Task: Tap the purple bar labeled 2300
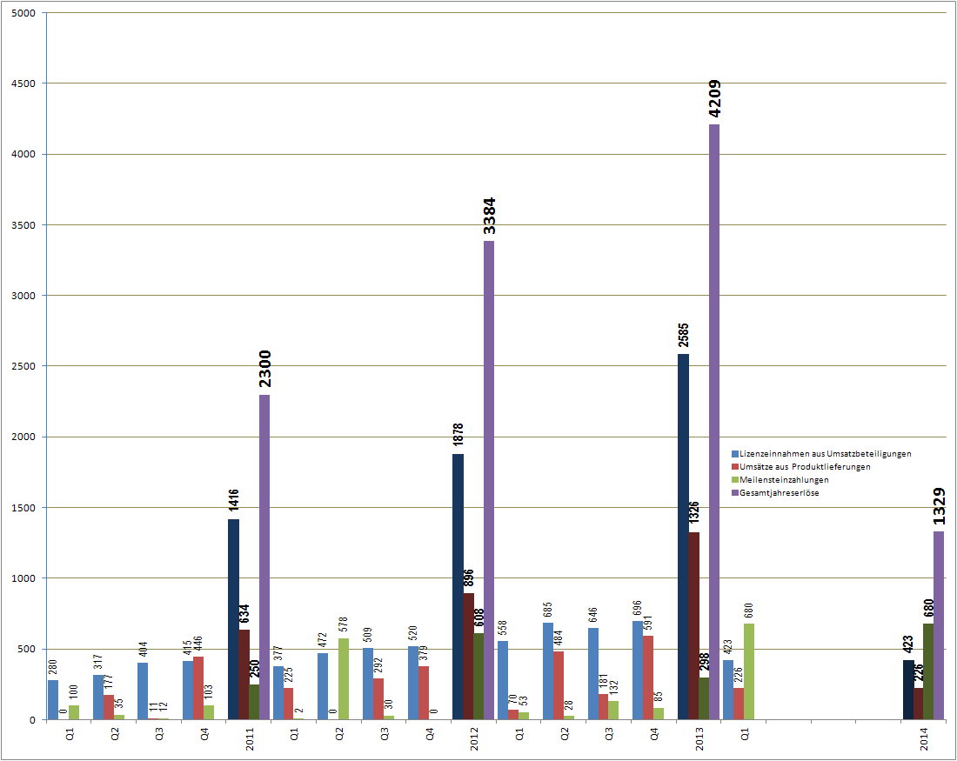point(264,557)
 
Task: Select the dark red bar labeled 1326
point(693,625)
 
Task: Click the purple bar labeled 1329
point(939,625)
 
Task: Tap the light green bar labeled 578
point(344,609)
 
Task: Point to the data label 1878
point(458,435)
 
